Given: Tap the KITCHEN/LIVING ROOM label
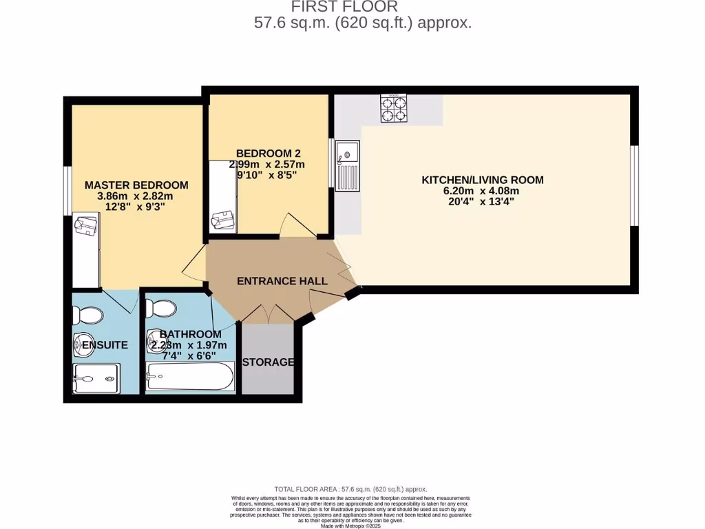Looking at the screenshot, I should coord(482,180).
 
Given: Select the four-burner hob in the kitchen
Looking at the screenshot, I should coord(393,107).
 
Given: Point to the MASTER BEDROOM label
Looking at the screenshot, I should coord(136,185).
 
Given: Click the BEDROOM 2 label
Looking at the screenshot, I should coord(268,153).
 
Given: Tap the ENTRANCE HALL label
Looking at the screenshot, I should coord(282,281).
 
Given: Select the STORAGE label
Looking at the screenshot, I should coord(269,362).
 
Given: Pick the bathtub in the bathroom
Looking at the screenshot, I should coord(190,377).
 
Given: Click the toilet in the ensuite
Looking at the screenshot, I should coord(89,315).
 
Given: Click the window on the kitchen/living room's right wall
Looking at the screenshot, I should coord(635,185).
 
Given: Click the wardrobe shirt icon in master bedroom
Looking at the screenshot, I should coord(87,226).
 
